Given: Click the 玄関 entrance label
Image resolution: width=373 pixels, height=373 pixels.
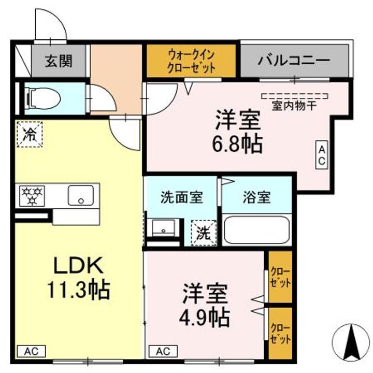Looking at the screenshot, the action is tap(59, 61).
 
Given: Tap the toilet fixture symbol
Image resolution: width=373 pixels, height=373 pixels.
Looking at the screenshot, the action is tap(45, 98).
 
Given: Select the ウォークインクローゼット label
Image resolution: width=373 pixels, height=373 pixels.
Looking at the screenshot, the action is tap(191, 61).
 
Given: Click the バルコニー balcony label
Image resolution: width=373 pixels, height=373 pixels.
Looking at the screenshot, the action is tap(294, 61).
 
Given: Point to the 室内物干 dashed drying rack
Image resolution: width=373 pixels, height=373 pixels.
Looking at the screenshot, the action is tap(295, 96).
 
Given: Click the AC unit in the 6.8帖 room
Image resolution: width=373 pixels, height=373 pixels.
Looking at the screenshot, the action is tap(322, 155).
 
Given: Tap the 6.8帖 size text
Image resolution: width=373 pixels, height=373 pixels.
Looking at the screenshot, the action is tap(237, 144).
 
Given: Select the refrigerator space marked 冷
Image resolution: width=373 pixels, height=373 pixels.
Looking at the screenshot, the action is tap(30, 134).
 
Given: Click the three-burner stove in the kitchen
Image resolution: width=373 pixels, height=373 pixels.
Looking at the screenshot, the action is tap(32, 196).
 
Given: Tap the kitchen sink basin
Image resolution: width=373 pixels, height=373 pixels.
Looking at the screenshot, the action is tap(81, 195).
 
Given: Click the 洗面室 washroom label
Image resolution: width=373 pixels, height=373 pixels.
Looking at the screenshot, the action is tap(181, 197).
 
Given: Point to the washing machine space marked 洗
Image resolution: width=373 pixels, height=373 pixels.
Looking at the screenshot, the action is tap(204, 233).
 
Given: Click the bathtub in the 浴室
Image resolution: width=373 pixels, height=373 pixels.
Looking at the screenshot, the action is tap(257, 230).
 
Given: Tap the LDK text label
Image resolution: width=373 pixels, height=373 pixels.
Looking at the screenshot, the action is tap(79, 265).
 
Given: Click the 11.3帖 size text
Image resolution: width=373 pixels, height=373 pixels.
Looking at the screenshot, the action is tap(79, 290).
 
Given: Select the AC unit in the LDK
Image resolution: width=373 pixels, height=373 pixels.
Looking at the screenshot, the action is tap(32, 351).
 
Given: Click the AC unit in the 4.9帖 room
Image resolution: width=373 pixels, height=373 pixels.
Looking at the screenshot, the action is tap(163, 351).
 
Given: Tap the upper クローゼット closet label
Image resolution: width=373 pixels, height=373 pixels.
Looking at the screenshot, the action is tap(281, 277).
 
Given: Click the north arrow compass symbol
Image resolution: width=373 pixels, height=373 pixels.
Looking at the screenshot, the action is tap(351, 343).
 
